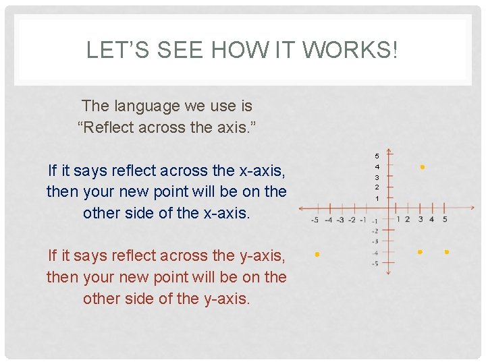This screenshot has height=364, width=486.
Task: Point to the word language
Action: coord(149,106)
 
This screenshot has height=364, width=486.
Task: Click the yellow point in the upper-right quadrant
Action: coord(422,166)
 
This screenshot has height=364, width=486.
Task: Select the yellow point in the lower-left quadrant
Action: coord(317,255)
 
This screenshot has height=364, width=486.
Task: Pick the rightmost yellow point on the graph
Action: coord(447,252)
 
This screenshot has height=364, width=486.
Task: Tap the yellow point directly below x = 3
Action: coord(420,252)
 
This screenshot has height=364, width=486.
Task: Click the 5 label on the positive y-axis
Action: coord(377,156)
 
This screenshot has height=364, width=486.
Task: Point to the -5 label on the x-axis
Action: coord(315,220)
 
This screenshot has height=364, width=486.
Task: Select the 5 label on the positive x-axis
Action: coord(444,219)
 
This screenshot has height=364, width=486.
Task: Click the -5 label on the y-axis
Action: coord(375,264)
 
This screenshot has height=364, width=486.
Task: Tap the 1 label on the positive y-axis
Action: coord(377,199)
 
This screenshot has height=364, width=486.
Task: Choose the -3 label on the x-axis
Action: coord(340,220)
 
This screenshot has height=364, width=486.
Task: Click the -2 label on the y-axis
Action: coord(375,231)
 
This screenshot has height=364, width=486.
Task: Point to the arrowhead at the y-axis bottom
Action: coord(388,273)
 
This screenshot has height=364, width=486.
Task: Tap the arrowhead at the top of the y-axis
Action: coord(388,151)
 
